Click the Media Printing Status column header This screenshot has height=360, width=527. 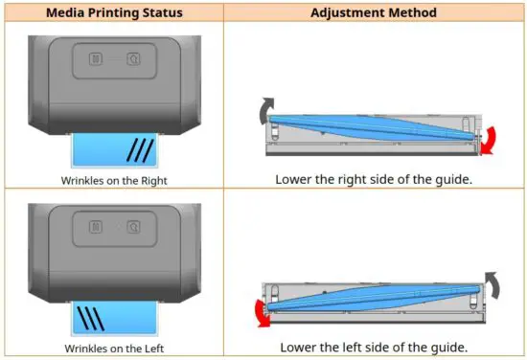point(114,12)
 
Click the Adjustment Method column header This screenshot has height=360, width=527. point(374,12)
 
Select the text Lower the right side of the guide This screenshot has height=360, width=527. point(374,179)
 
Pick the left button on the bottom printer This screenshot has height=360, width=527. point(96,227)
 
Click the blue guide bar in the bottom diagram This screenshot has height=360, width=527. point(374,297)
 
